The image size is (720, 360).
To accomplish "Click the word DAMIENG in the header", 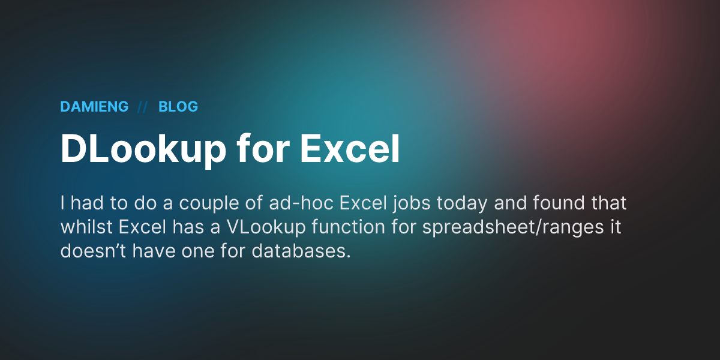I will coord(94,107).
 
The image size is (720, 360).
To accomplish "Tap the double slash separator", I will coord(143,107).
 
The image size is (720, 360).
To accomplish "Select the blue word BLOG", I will coord(178,107).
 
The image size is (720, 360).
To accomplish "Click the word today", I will coord(465,203).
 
